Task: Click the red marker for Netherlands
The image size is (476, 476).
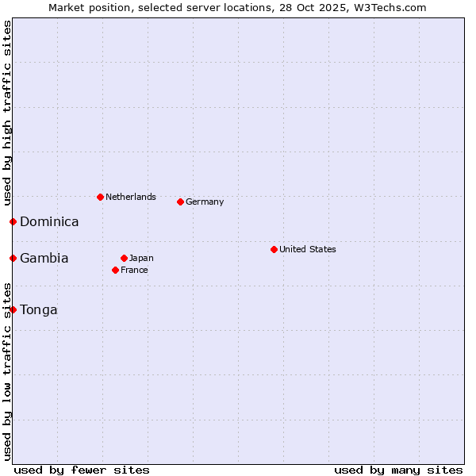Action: (100, 197)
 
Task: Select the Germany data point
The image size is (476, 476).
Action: (180, 202)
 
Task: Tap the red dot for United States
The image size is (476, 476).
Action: (274, 249)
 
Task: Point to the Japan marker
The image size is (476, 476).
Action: (124, 258)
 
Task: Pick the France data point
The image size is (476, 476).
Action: (116, 270)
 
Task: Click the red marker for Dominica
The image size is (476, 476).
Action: (13, 221)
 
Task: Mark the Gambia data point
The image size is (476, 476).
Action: (13, 258)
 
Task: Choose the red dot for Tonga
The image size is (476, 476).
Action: (13, 309)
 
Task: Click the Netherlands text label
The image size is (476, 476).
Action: (131, 197)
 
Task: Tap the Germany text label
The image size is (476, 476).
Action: (205, 202)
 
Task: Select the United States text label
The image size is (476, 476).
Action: (308, 249)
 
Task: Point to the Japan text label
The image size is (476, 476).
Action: (141, 258)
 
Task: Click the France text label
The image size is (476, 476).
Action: (134, 270)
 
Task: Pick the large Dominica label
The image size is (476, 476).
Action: (49, 222)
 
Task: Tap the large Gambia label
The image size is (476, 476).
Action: (44, 259)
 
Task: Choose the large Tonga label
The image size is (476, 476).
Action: (39, 310)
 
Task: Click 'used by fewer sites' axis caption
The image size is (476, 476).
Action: (82, 470)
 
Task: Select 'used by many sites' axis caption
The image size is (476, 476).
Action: (398, 470)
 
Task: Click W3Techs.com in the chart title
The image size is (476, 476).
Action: (390, 8)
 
